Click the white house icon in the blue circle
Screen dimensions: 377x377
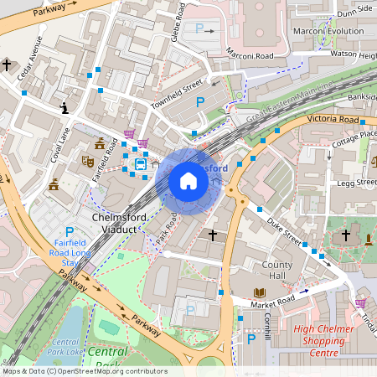click(x=188, y=181)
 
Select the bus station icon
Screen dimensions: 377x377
click(x=141, y=163)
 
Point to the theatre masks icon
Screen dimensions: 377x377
click(x=87, y=159)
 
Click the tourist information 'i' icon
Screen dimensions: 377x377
click(x=65, y=107)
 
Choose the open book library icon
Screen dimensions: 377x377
click(x=260, y=292)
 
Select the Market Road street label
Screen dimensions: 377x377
click(x=273, y=299)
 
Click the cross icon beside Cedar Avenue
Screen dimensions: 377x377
click(x=8, y=65)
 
